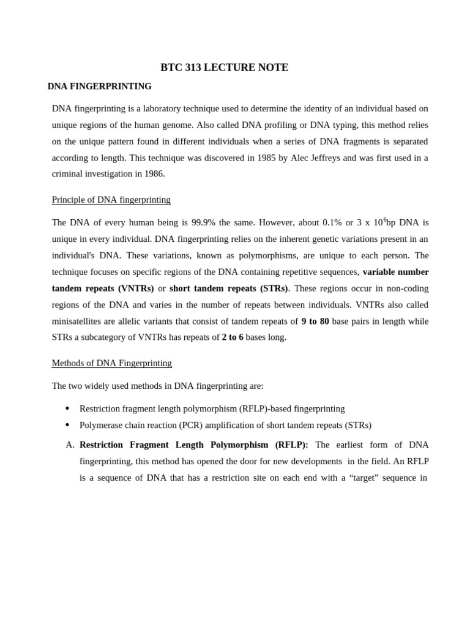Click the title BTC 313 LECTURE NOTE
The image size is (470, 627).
click(x=224, y=67)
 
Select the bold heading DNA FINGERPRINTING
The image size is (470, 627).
click(x=100, y=86)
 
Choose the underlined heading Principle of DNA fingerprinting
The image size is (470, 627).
click(x=111, y=200)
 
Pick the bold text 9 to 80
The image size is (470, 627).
click(x=315, y=321)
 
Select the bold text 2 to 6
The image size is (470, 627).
click(x=233, y=337)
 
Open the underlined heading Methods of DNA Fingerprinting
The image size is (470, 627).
click(x=111, y=363)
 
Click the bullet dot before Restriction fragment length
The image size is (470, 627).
click(x=67, y=408)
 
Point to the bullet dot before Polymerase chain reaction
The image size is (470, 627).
click(x=67, y=425)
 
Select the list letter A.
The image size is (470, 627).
click(x=70, y=445)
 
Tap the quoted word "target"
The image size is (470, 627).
click(x=364, y=478)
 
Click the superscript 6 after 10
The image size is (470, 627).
click(x=384, y=219)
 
